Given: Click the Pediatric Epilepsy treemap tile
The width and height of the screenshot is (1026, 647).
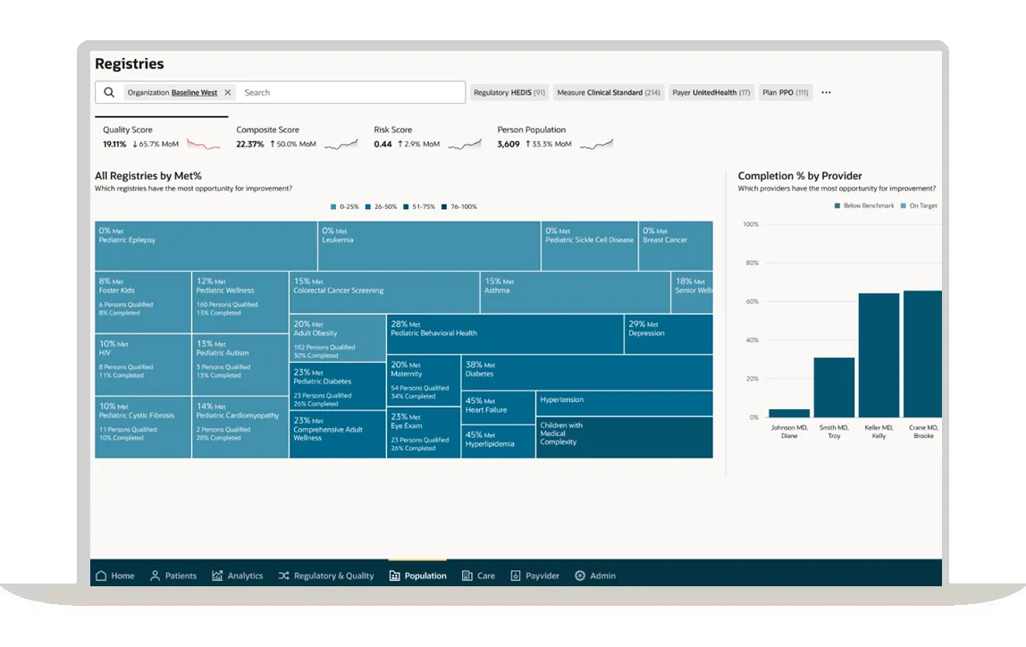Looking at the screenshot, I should click(206, 247).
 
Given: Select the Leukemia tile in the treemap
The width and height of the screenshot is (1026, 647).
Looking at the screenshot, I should click(429, 247).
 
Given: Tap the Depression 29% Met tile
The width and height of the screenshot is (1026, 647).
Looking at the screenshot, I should click(668, 334).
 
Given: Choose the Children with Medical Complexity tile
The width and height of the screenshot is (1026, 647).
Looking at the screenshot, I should click(624, 438).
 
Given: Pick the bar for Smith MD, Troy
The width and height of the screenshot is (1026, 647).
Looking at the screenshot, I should click(834, 387).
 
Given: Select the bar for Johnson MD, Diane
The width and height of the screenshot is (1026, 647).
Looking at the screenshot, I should click(789, 413).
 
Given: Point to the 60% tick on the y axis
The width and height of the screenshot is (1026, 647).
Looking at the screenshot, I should click(751, 302).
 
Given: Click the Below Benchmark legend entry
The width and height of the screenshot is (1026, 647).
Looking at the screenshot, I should click(864, 206).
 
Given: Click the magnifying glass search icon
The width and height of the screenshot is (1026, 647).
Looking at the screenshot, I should click(109, 93).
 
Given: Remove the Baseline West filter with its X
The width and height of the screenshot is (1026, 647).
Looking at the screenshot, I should click(228, 93).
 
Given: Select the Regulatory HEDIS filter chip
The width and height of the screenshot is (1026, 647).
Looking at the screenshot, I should click(509, 93).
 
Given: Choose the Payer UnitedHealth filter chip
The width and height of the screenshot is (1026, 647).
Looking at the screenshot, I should click(711, 93).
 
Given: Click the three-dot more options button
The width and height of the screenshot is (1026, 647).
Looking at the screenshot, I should click(826, 93).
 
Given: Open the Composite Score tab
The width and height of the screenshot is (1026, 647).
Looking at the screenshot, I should click(268, 130).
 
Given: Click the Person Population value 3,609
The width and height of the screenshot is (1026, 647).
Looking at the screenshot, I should click(509, 144).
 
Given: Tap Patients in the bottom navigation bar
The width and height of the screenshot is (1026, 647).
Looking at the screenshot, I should click(173, 576).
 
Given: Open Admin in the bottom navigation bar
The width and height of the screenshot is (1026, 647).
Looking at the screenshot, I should click(595, 576).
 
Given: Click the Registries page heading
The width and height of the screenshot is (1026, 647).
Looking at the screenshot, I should click(130, 64).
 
